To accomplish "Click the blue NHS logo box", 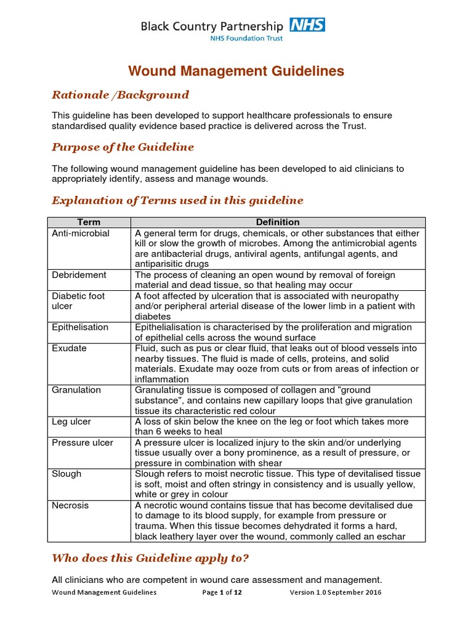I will pyautogui.click(x=307, y=25).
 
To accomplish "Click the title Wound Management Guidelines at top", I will pyautogui.click(x=236, y=71).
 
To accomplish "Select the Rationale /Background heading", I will pyautogui.click(x=120, y=95).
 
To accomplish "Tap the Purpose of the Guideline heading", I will pyautogui.click(x=123, y=147).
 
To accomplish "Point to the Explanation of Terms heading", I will pyautogui.click(x=177, y=200).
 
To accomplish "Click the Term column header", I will pyautogui.click(x=89, y=222).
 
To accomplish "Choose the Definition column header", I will pyautogui.click(x=278, y=222).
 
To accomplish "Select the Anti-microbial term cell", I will pyautogui.click(x=81, y=234).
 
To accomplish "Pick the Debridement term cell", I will pyautogui.click(x=79, y=275).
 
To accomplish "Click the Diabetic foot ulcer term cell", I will pyautogui.click(x=78, y=301).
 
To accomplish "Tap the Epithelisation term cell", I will pyautogui.click(x=80, y=327).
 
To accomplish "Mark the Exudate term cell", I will pyautogui.click(x=69, y=348).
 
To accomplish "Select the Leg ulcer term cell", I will pyautogui.click(x=71, y=421).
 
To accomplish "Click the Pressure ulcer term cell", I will pyautogui.click(x=83, y=442).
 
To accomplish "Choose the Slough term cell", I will pyautogui.click(x=67, y=474).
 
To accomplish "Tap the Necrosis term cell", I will pyautogui.click(x=70, y=505).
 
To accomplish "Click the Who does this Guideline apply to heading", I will pyautogui.click(x=151, y=558).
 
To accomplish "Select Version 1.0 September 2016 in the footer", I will pyautogui.click(x=335, y=592).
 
